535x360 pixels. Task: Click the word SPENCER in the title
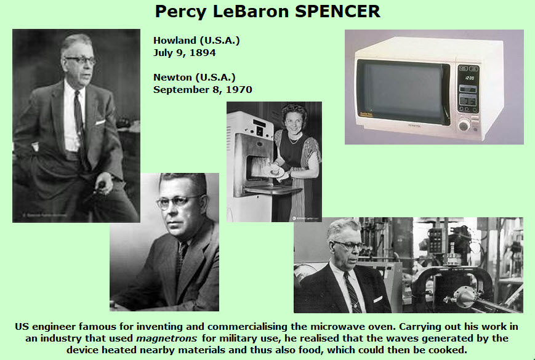tap(337, 12)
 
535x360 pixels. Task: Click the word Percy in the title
tap(181, 12)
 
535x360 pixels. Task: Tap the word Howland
tap(175, 41)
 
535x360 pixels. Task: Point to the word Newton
tap(172, 78)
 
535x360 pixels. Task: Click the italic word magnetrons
tap(166, 338)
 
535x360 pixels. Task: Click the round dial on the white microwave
tap(464, 126)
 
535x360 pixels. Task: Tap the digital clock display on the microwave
tap(470, 78)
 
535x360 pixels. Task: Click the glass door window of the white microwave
tap(403, 92)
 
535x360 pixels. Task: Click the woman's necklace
tap(294, 139)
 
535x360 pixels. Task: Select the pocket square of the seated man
tap(100, 122)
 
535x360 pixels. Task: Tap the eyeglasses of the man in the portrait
tap(179, 201)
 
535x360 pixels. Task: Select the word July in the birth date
tap(162, 53)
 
